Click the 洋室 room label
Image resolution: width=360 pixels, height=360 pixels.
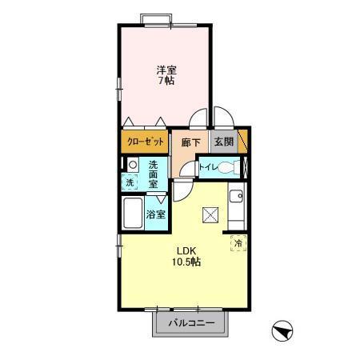166,70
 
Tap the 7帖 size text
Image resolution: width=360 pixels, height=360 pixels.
166,81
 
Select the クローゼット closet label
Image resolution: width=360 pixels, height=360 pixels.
145,142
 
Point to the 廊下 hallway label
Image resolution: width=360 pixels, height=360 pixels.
190,142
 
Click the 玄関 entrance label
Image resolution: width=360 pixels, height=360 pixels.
224,142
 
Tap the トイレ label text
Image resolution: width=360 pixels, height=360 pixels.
206,168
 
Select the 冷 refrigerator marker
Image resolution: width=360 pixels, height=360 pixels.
238,242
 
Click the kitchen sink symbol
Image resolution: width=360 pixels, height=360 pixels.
237,197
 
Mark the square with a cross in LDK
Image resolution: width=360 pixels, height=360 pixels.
210,214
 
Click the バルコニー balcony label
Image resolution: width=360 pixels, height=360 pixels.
193,325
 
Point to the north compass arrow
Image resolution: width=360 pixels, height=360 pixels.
282,330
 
